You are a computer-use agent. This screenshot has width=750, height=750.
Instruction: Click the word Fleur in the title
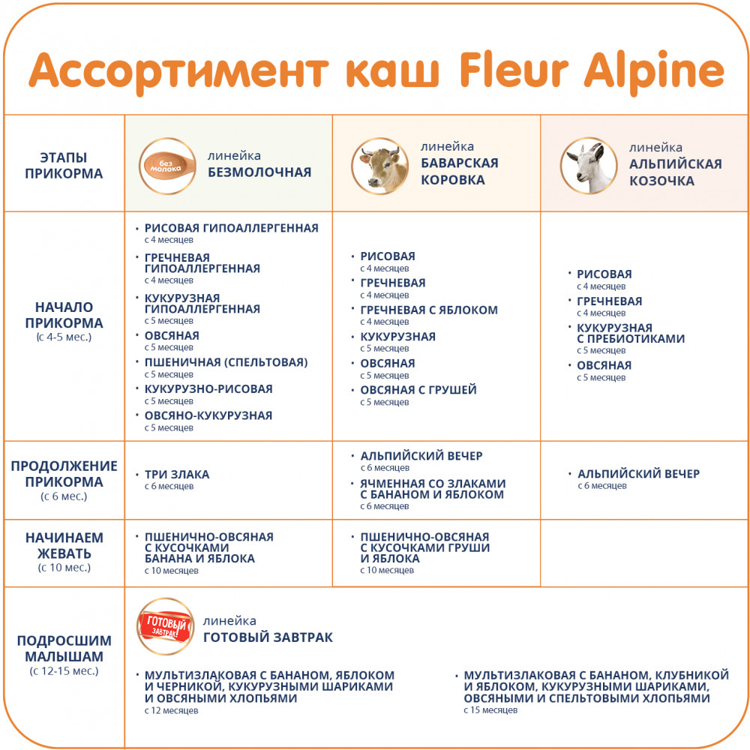(514, 70)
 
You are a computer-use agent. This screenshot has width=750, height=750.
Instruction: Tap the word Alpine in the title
(654, 73)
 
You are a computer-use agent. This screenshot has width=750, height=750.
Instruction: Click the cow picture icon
(379, 166)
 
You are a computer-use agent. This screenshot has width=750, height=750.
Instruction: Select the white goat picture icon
(588, 166)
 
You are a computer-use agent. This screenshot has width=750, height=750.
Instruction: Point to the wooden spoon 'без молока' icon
(167, 166)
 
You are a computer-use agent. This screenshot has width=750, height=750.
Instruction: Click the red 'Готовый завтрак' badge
(166, 626)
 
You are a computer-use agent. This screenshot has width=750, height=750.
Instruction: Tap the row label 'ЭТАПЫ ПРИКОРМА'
(64, 166)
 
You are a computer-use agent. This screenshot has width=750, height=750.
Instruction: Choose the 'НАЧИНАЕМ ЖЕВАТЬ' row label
(64, 545)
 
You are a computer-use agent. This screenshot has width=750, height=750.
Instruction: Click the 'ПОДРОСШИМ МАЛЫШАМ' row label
(64, 648)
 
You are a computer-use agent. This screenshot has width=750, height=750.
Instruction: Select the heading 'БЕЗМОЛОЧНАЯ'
(259, 172)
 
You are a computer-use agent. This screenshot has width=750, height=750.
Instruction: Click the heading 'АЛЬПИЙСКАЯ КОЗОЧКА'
(676, 172)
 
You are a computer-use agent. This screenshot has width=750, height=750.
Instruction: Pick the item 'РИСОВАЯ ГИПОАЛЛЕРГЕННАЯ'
(232, 228)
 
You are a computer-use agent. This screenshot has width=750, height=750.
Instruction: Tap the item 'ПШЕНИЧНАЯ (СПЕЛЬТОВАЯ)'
(226, 362)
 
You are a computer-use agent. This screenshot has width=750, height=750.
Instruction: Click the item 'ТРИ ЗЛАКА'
(177, 475)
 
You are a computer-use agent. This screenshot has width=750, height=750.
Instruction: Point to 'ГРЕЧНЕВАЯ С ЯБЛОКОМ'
(429, 310)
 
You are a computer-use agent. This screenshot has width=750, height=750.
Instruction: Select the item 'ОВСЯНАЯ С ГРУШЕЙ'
(418, 390)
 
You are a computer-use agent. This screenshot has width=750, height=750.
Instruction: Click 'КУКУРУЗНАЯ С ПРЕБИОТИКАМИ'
(631, 334)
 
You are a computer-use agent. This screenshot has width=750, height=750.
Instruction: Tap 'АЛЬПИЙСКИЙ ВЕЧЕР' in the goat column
(638, 473)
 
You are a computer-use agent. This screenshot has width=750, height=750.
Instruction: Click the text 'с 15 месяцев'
(490, 710)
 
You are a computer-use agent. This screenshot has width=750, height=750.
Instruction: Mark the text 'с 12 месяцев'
(171, 711)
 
